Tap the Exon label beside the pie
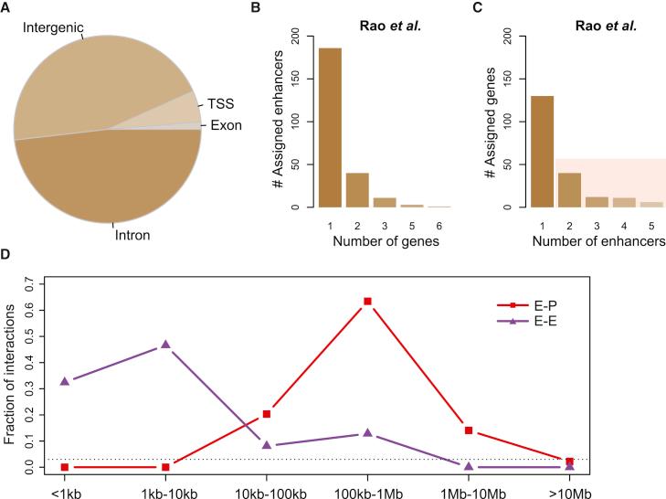coord(226,125)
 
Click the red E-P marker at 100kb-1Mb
coord(367,301)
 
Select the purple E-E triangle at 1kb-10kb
coord(165,345)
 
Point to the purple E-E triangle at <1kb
coord(64,380)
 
